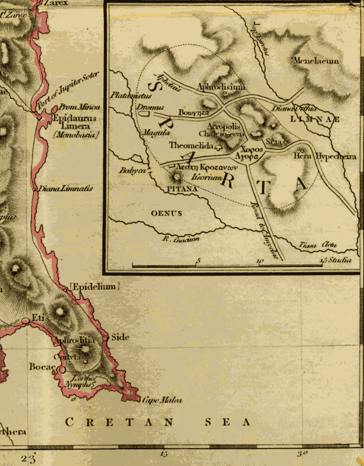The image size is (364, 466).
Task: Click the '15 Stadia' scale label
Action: point(335,260)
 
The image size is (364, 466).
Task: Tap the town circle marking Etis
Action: point(25,321)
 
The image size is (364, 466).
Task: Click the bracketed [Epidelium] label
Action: point(94,287)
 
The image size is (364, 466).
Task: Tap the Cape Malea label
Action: point(162,400)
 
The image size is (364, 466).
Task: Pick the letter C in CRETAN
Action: point(69,423)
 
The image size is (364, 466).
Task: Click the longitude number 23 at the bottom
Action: point(29,458)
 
